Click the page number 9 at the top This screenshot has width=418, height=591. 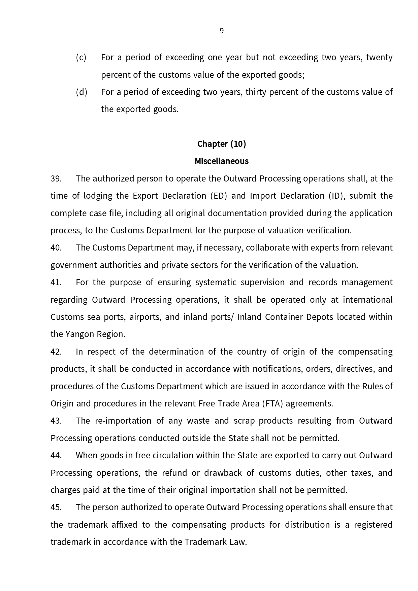click(221, 31)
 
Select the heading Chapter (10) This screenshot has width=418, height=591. click(221, 144)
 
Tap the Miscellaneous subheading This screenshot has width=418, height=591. click(221, 161)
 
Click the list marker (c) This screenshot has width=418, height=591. click(81, 57)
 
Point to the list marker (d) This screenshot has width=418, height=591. click(81, 92)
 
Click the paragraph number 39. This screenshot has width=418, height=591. click(56, 178)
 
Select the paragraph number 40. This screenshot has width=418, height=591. click(56, 248)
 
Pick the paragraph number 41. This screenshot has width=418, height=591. click(56, 282)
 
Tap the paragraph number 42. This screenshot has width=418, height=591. click(56, 352)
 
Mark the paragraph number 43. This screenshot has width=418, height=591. click(56, 421)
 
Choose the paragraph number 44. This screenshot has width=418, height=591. click(56, 455)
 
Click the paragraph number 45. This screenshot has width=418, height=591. click(56, 507)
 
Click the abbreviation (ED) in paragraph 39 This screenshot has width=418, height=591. click(219, 196)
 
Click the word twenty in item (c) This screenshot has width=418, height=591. click(379, 57)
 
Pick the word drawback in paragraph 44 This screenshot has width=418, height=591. click(223, 473)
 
